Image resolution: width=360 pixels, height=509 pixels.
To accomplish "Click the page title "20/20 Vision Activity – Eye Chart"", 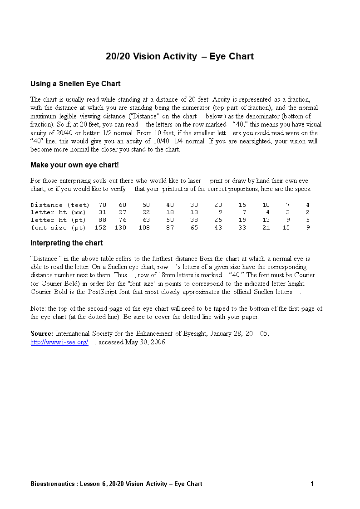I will (x=180, y=57).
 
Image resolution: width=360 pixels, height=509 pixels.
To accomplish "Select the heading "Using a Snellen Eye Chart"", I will (x=75, y=84).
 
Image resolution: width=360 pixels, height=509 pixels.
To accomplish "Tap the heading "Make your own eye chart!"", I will (x=74, y=165).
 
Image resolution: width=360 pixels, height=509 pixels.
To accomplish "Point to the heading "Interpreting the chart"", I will (x=67, y=243).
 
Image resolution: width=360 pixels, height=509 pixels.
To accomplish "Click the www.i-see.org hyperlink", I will (x=59, y=343).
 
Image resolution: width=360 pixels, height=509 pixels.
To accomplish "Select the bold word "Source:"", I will (x=42, y=333).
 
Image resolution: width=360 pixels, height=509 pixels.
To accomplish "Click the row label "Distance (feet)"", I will (x=60, y=205).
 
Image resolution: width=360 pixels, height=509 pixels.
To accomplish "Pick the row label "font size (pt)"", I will (x=58, y=228).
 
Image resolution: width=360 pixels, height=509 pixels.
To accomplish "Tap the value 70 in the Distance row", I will (x=102, y=205).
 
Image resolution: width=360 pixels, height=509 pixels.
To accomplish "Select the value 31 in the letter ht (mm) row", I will (x=102, y=212).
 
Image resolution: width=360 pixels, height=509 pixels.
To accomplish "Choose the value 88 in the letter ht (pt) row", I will (x=102, y=220).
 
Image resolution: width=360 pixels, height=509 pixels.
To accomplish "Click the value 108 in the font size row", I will (x=144, y=228).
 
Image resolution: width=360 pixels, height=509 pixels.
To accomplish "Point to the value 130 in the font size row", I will (x=120, y=228).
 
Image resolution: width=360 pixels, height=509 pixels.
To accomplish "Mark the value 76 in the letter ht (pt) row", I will (x=123, y=220).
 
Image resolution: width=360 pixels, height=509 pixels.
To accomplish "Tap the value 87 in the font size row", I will (x=170, y=228).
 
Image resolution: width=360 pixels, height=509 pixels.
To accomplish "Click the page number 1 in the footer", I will (x=312, y=484).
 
